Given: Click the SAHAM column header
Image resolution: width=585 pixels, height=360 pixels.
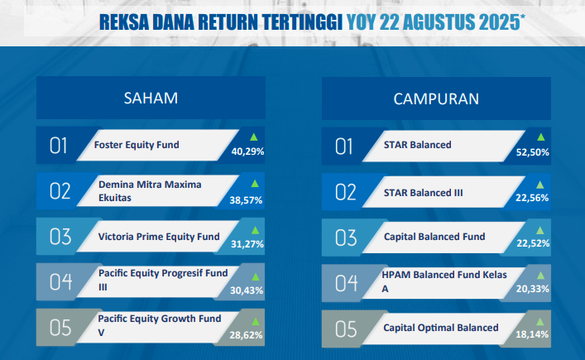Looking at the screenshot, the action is pyautogui.click(x=151, y=98).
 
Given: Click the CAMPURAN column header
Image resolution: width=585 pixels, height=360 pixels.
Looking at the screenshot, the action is pyautogui.click(x=436, y=98).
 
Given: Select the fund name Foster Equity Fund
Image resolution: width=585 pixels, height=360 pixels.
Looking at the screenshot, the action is pyautogui.click(x=137, y=145).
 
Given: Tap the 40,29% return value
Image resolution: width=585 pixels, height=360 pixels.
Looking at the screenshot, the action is pyautogui.click(x=247, y=151).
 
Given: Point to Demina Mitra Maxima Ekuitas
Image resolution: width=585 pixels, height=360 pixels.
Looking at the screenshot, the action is pyautogui.click(x=150, y=191).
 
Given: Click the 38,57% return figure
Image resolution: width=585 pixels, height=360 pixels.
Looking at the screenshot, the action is pyautogui.click(x=246, y=200).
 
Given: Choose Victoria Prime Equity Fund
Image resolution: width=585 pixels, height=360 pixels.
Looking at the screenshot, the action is pyautogui.click(x=159, y=237).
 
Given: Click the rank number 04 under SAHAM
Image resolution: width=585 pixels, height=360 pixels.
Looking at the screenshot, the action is pyautogui.click(x=60, y=281).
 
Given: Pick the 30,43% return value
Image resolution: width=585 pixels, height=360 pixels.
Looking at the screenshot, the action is pyautogui.click(x=247, y=290).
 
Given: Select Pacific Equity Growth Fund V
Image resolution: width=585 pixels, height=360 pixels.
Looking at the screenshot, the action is pyautogui.click(x=160, y=325).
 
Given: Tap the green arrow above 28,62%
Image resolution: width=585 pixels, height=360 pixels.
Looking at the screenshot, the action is pyautogui.click(x=256, y=321).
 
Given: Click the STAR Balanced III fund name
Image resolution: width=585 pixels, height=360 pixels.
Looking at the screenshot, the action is pyautogui.click(x=423, y=193).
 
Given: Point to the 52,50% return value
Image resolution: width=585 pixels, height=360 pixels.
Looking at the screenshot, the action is pyautogui.click(x=532, y=152).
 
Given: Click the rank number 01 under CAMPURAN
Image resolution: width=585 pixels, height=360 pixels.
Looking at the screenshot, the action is pyautogui.click(x=343, y=146).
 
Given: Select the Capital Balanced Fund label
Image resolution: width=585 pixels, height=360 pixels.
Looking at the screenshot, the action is pyautogui.click(x=434, y=237).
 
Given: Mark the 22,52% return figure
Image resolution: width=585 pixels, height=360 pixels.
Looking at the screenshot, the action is pyautogui.click(x=533, y=243).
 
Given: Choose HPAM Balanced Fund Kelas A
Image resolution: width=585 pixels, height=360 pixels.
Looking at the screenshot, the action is pyautogui.click(x=444, y=281).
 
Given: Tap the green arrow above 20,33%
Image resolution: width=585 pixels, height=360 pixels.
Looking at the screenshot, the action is pyautogui.click(x=540, y=276).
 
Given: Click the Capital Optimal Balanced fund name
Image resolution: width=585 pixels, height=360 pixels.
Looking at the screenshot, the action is pyautogui.click(x=441, y=328).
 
